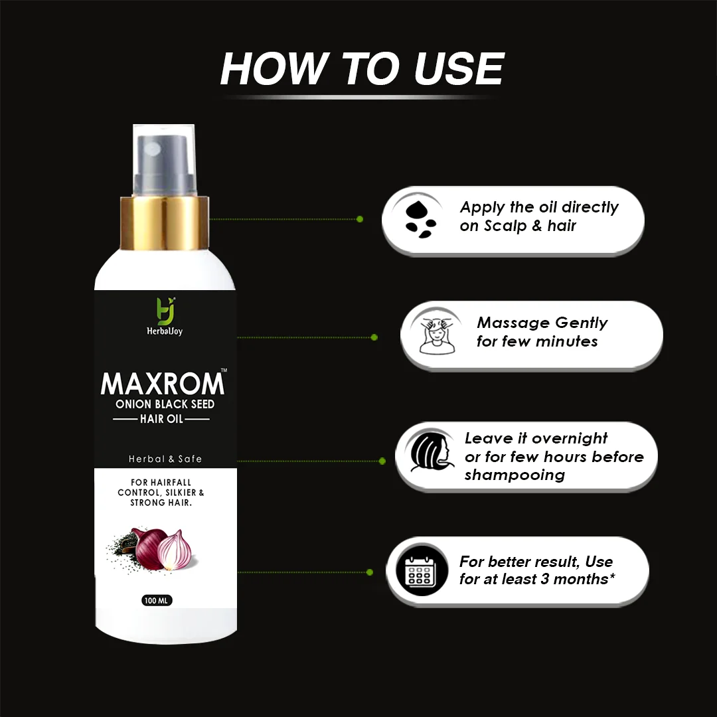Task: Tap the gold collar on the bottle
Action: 165,223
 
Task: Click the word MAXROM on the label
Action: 163,384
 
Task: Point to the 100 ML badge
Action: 157,600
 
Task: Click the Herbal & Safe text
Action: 165,459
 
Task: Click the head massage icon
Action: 437,335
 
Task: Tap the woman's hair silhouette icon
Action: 430,452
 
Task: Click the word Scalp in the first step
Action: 505,226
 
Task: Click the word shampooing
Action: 515,475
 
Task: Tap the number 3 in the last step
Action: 544,579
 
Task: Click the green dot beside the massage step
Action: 374,337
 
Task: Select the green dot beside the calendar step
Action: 370,572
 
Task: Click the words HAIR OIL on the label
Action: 161,419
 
